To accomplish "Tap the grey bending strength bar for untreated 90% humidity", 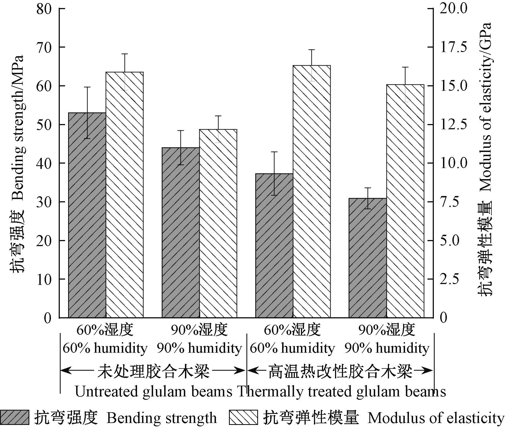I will (x=181, y=233).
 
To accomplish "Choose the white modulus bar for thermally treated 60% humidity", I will (x=312, y=191).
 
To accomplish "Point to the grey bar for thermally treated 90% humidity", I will (x=367, y=258).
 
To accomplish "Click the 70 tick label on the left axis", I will (x=44, y=47).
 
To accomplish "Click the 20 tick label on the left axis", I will (x=44, y=241).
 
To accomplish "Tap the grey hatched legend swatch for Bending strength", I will (x=15, y=417).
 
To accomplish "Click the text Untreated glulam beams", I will (x=154, y=392).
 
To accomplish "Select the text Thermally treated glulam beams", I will (x=341, y=392).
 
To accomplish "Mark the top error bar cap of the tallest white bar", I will (x=312, y=50).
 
